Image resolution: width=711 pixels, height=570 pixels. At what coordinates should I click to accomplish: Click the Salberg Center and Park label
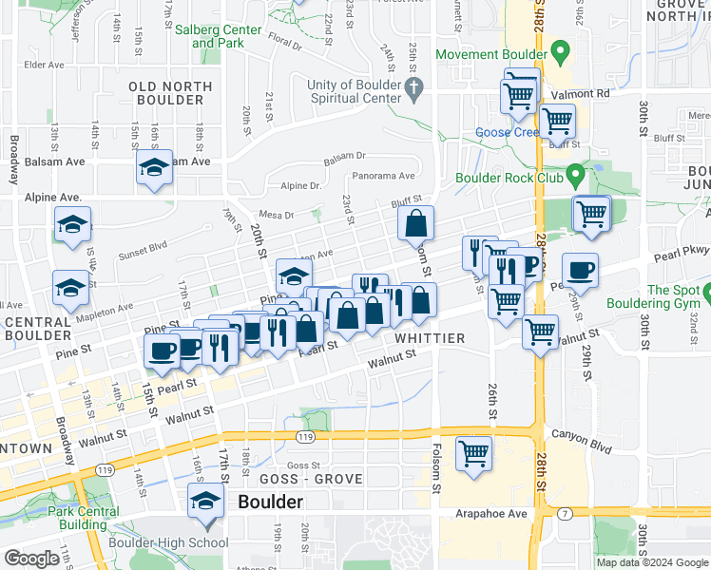[x=218, y=36]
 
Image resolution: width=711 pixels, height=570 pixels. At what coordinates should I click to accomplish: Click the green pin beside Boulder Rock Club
[x=575, y=175]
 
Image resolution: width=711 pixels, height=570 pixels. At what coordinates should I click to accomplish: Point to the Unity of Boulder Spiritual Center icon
[x=413, y=91]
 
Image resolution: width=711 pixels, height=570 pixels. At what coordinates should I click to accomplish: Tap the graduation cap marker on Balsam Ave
[x=154, y=168]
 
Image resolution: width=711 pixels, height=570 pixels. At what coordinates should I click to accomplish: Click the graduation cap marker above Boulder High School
[x=204, y=502]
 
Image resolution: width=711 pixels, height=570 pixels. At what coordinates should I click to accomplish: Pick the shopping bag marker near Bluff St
[x=416, y=224]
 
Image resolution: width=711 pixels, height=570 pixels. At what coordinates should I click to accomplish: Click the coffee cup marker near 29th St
[x=580, y=271]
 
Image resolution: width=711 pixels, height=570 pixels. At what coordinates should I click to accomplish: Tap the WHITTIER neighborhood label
[x=431, y=338]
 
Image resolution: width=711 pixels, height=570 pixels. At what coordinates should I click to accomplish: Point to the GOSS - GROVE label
[x=313, y=479]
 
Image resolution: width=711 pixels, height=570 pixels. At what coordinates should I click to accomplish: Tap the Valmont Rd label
[x=589, y=93]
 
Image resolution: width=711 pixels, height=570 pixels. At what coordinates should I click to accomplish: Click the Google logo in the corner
[x=31, y=559]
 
